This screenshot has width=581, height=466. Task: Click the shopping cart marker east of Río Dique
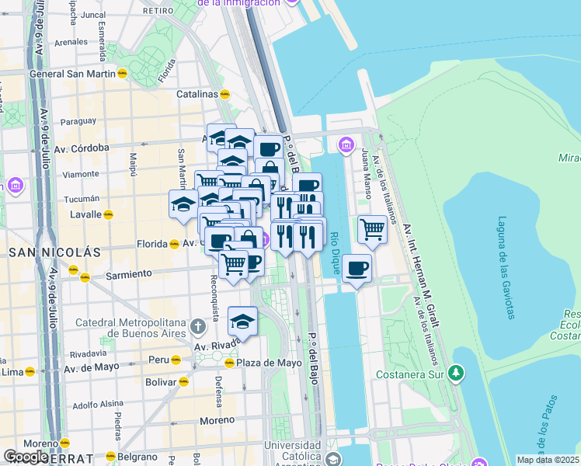click(373, 230)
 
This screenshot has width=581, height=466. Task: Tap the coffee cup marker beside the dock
click(357, 269)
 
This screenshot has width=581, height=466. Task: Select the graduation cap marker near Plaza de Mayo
click(242, 321)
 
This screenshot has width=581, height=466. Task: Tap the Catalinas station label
click(197, 94)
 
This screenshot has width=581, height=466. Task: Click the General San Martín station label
click(71, 74)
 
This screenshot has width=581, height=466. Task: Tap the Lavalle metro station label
click(85, 214)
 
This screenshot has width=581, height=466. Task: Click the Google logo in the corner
click(26, 457)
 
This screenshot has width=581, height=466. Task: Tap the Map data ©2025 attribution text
click(548, 460)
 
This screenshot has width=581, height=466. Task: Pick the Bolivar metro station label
click(161, 381)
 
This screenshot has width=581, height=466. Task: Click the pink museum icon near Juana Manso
click(346, 144)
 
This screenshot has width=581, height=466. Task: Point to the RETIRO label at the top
click(158, 11)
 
